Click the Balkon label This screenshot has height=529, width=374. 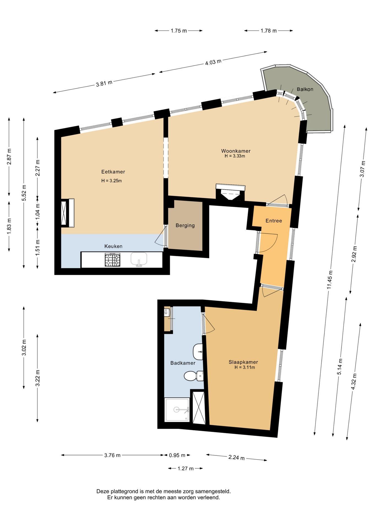[305, 89]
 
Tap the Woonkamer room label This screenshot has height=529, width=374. [236, 151]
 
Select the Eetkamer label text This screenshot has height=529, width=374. [113, 172]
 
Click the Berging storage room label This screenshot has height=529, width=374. [185, 225]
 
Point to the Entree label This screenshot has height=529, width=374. [274, 221]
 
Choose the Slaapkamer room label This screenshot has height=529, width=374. [243, 362]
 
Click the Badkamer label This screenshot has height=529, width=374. [183, 363]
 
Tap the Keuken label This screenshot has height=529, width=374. [113, 246]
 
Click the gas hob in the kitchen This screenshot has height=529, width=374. [113, 260]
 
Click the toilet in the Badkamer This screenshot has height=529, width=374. [194, 376]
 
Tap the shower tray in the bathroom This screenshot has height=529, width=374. [177, 409]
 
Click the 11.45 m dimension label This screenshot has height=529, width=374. [330, 280]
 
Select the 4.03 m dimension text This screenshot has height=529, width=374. [213, 62]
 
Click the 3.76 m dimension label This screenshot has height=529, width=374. [112, 455]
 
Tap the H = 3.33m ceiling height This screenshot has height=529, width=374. [235, 156]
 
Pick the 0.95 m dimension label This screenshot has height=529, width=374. [177, 455]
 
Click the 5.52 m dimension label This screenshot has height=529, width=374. [24, 192]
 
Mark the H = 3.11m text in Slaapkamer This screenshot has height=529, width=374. [245, 367]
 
